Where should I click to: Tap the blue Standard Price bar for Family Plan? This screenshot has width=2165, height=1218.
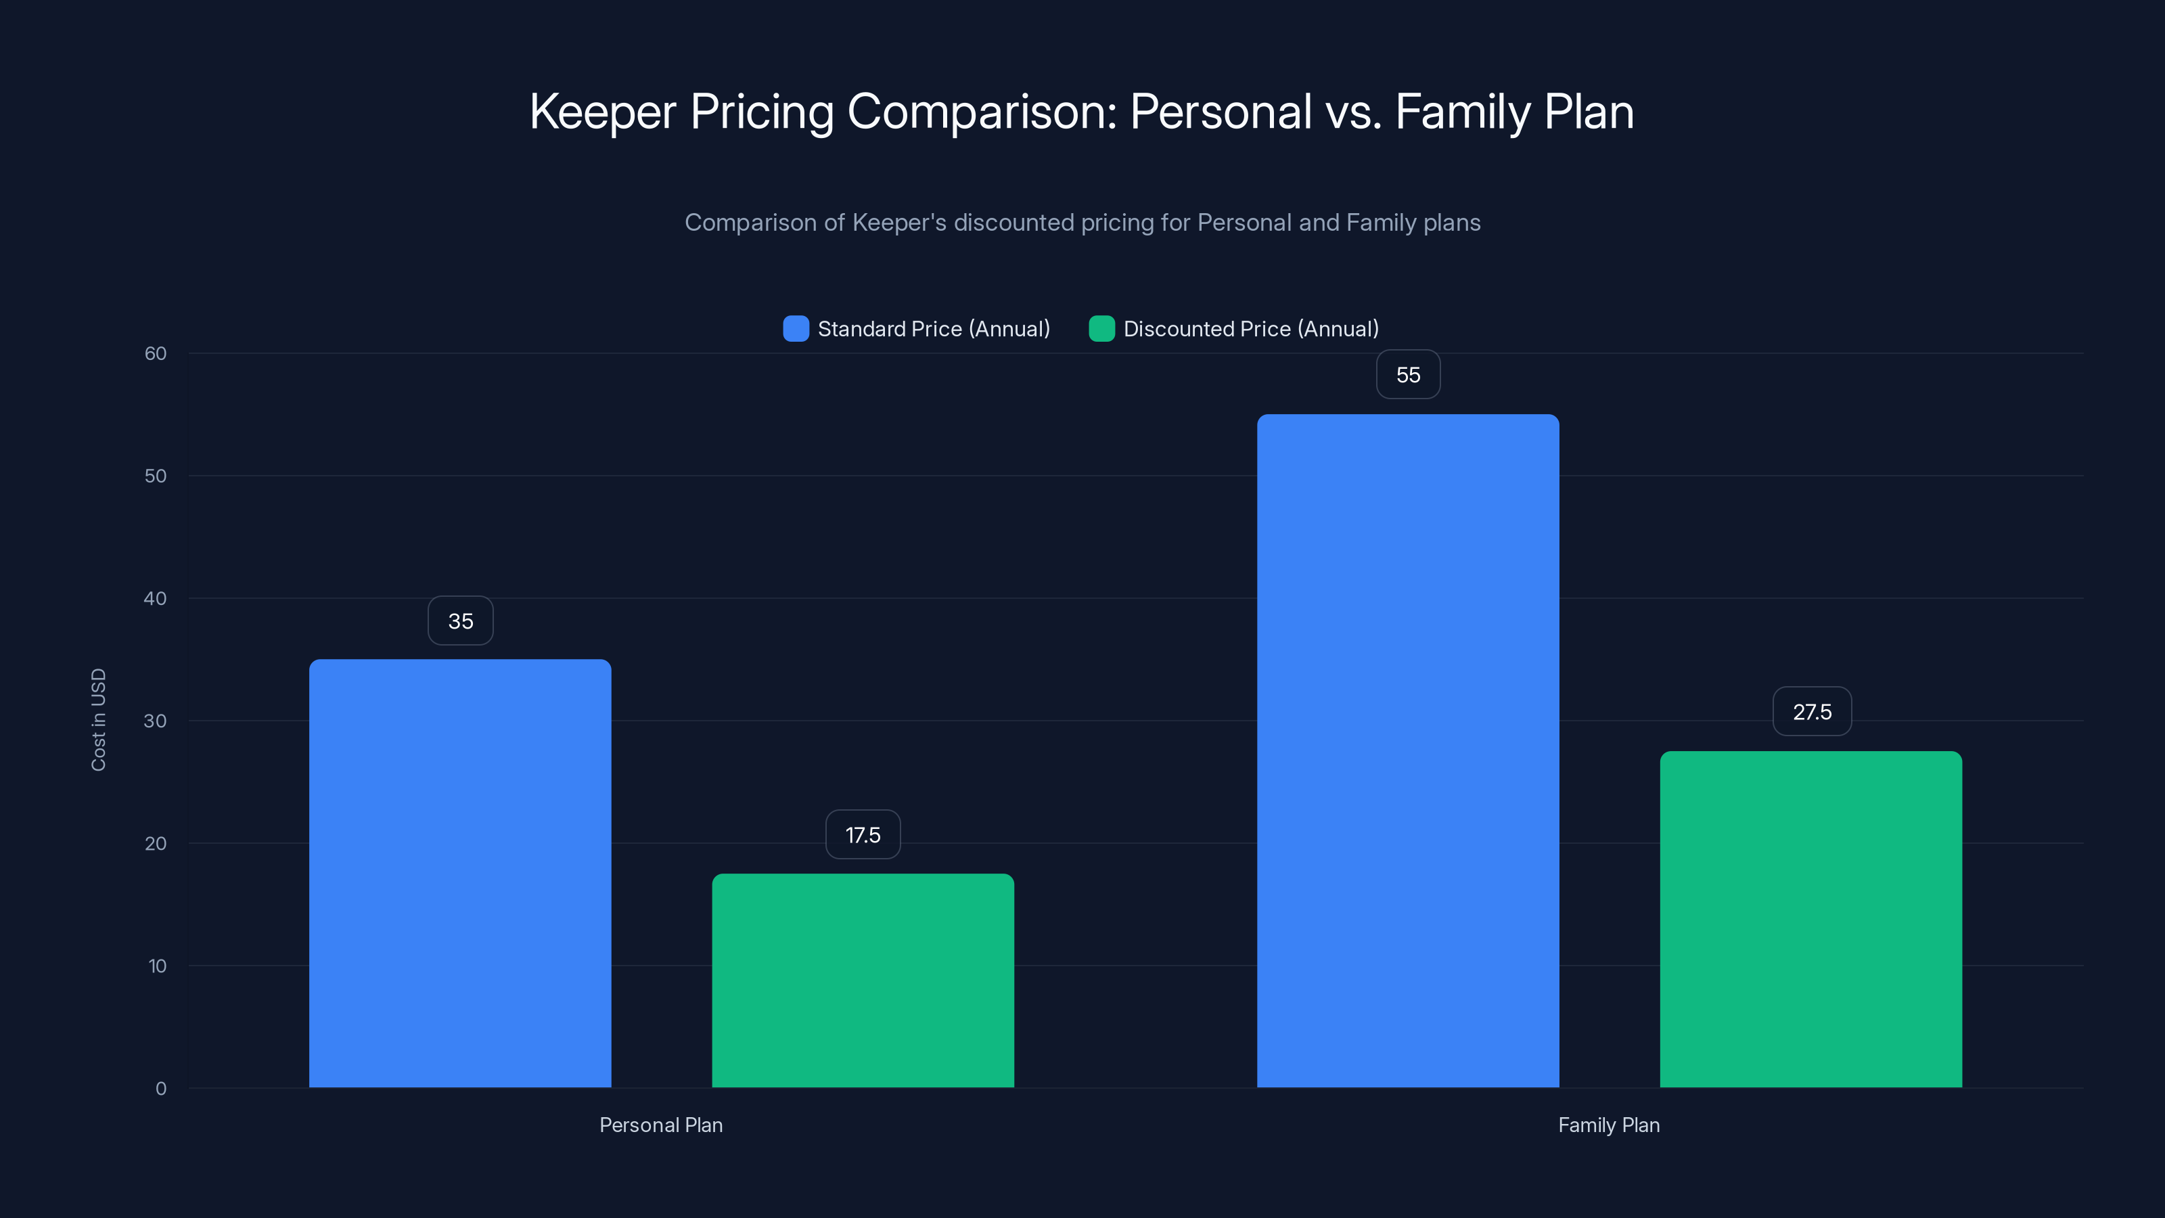[1408, 750]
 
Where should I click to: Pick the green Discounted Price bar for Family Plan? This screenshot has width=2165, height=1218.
[1810, 919]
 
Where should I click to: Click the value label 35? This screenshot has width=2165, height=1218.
[461, 621]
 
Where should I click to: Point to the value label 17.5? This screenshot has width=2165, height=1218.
[863, 835]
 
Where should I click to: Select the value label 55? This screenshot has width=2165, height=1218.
[1408, 375]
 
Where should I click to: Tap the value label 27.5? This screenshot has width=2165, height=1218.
[1812, 712]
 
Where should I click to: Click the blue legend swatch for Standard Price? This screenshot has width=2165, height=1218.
[796, 329]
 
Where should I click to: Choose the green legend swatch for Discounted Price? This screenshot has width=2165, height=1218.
[1101, 329]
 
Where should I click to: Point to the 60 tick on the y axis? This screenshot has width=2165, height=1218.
[156, 354]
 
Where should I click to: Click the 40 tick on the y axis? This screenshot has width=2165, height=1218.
[156, 598]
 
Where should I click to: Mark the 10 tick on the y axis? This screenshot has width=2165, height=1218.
[157, 966]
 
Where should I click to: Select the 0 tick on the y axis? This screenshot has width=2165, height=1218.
[160, 1089]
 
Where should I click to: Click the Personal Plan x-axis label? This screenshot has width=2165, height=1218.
[660, 1125]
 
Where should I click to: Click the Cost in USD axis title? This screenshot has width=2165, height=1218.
[98, 719]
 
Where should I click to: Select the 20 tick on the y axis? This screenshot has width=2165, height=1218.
[156, 843]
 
